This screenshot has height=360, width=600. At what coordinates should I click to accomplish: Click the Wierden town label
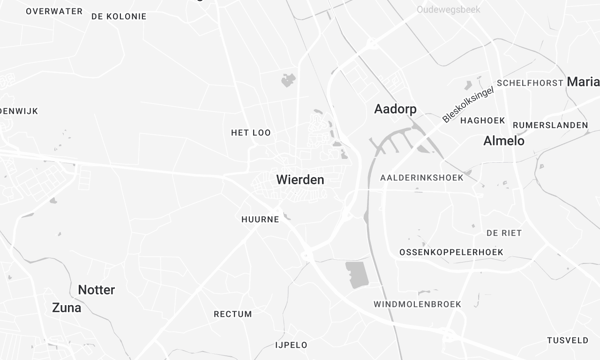(300, 180)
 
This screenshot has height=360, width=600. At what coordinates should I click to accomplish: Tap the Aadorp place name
(394, 108)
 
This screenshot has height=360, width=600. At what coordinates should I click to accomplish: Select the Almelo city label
(503, 141)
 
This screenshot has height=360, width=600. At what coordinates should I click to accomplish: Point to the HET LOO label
(251, 132)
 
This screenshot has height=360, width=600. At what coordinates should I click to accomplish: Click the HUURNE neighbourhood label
(260, 218)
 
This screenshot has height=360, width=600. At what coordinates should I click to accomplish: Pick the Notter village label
(97, 290)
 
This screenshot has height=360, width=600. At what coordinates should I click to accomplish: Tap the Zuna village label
(66, 308)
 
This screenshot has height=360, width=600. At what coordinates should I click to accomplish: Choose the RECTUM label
(233, 314)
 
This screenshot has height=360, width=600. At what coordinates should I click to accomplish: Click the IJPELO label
(291, 345)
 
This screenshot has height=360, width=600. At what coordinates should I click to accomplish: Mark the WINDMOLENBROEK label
(416, 303)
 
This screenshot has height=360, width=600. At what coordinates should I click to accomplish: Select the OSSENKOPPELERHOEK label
(449, 251)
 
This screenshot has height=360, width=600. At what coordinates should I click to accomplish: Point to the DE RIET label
(504, 231)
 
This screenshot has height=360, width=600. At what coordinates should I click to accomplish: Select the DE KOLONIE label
(118, 17)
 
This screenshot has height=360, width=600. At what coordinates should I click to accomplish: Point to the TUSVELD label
(567, 340)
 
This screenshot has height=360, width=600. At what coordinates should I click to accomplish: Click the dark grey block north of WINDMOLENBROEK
(357, 276)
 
